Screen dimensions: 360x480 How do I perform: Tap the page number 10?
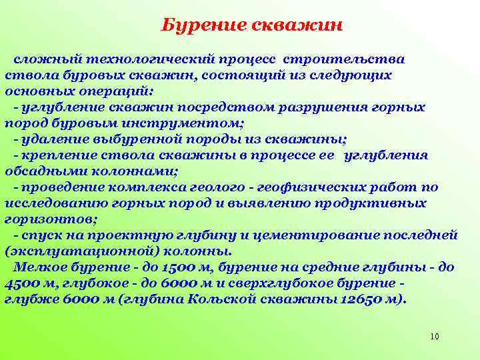point(435,337)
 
